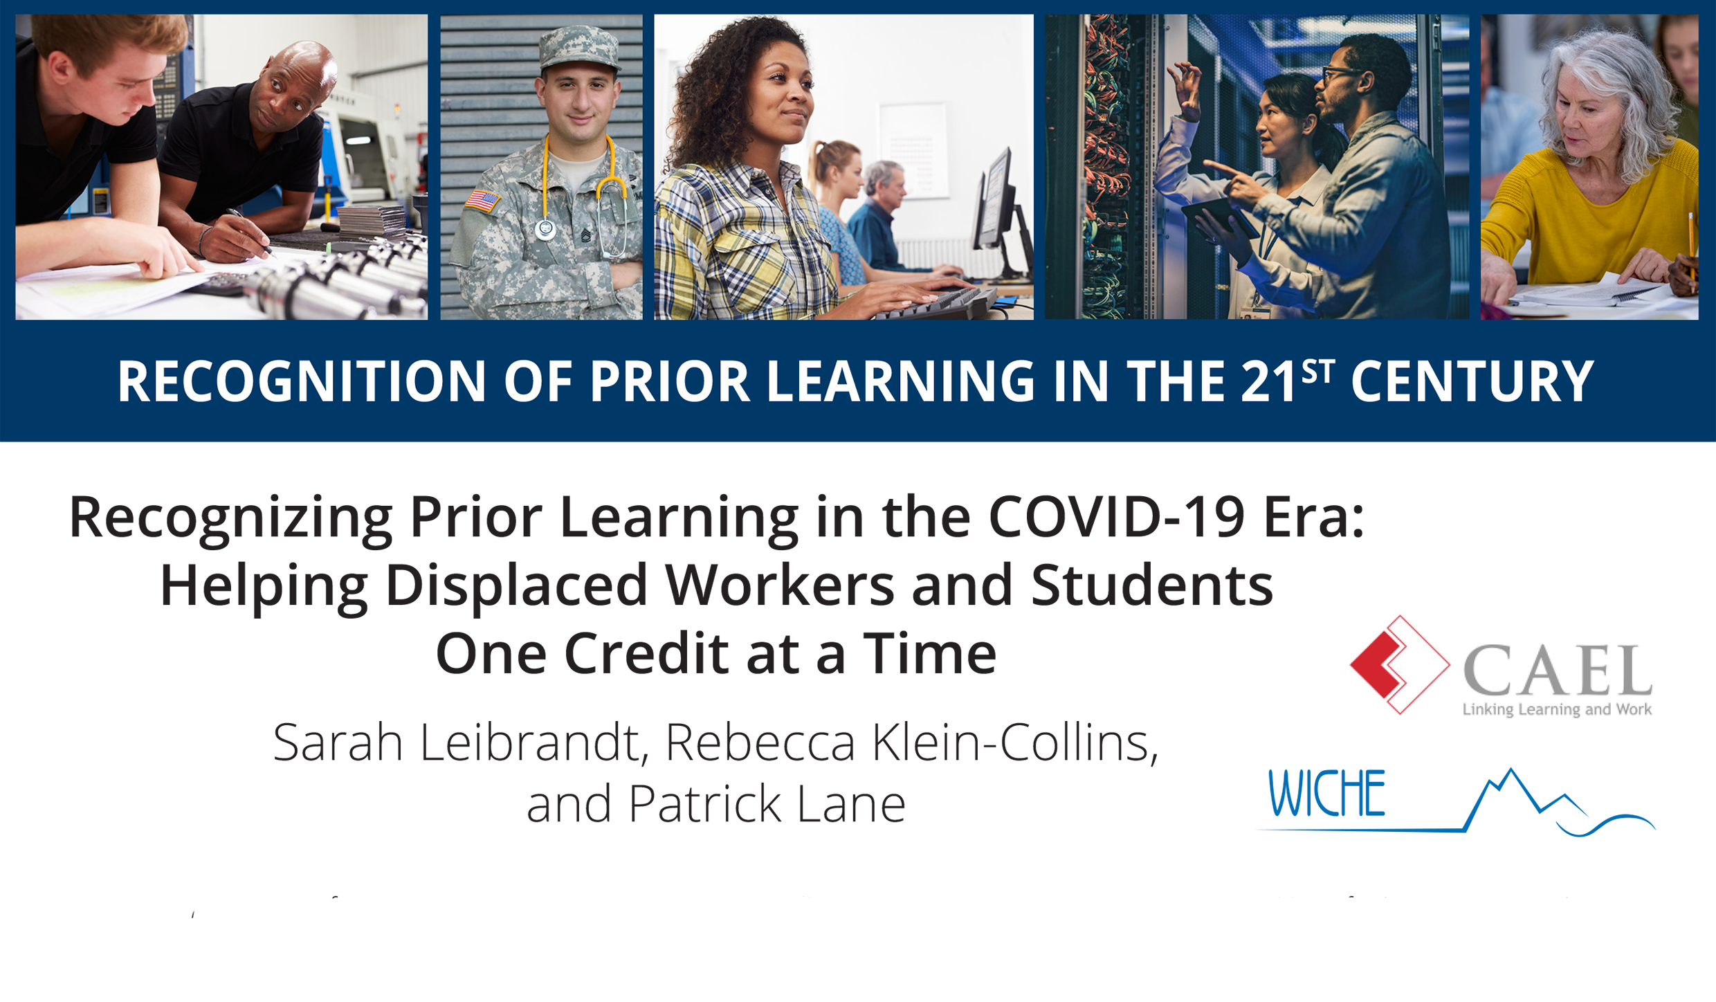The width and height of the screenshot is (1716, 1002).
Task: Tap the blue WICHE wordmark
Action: click(1327, 794)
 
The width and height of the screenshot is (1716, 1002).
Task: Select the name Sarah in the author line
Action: click(338, 743)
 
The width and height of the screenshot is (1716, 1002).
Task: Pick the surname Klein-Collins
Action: click(1014, 743)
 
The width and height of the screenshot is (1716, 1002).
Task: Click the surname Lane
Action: click(850, 803)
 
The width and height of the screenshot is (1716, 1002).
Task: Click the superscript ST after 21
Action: click(1318, 371)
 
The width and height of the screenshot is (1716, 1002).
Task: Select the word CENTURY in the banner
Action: click(1472, 381)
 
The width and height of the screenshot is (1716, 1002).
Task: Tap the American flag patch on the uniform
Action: click(482, 201)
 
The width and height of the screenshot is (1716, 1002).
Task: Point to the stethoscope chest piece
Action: click(546, 228)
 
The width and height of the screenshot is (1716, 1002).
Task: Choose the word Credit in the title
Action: click(646, 653)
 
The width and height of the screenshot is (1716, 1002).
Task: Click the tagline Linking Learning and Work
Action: click(1557, 709)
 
